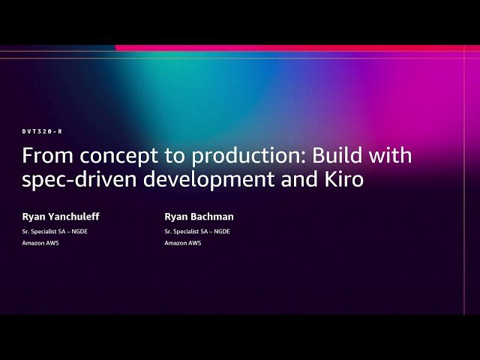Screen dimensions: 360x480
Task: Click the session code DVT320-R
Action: pyautogui.click(x=42, y=131)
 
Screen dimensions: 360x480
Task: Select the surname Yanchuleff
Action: pyautogui.click(x=73, y=217)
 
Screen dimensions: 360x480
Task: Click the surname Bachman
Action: pyautogui.click(x=212, y=217)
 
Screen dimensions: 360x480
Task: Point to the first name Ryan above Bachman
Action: pyautogui.click(x=176, y=217)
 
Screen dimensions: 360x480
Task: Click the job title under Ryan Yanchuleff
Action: pyautogui.click(x=55, y=231)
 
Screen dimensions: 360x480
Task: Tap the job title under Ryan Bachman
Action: pyautogui.click(x=197, y=231)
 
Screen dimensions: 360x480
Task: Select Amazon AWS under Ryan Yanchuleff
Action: pyautogui.click(x=40, y=243)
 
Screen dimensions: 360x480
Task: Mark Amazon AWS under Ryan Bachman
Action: pyautogui.click(x=183, y=243)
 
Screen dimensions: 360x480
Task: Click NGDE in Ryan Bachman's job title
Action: pyautogui.click(x=220, y=231)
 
